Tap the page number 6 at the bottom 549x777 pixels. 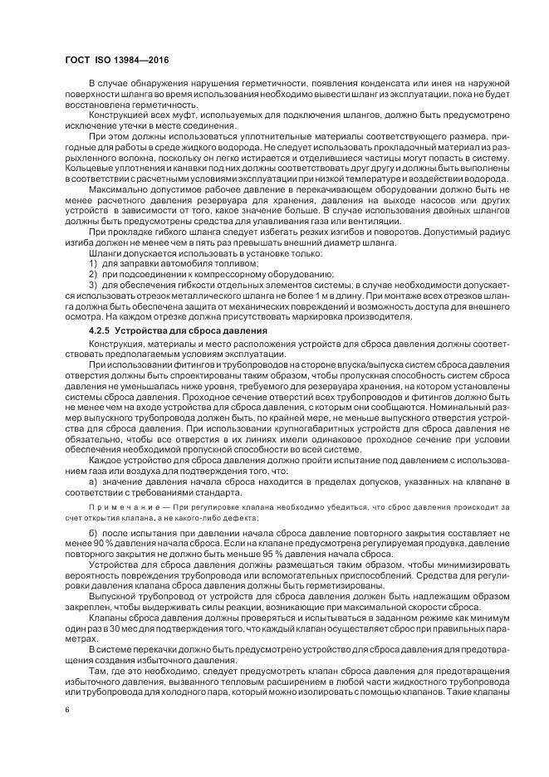pyautogui.click(x=66, y=709)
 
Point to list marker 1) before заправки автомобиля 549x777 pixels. pyautogui.click(x=92, y=262)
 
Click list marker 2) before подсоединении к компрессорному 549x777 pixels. pyautogui.click(x=92, y=273)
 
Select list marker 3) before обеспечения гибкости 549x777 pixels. pyautogui.click(x=92, y=284)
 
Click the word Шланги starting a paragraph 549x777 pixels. pyautogui.click(x=105, y=252)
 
